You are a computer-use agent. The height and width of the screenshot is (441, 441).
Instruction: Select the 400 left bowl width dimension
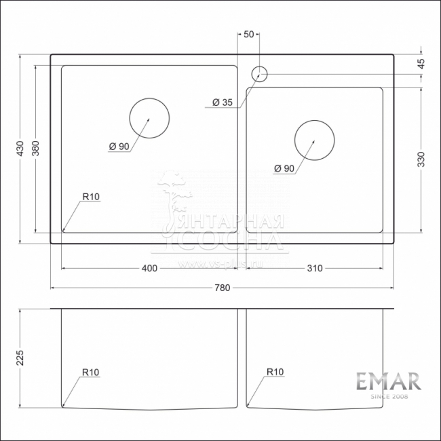(x=149, y=268)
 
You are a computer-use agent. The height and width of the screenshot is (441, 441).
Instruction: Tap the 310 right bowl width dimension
(x=313, y=268)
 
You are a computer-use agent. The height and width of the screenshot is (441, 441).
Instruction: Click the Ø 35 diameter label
(x=222, y=102)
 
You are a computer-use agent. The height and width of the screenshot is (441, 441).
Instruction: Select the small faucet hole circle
(x=259, y=73)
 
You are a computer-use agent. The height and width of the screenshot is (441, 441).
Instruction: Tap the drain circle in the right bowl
(x=314, y=140)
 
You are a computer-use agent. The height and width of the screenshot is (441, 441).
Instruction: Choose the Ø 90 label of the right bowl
(x=284, y=168)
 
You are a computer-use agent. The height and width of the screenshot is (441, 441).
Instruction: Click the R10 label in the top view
(x=90, y=197)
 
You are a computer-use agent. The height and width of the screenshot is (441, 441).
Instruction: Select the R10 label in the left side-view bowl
(x=90, y=372)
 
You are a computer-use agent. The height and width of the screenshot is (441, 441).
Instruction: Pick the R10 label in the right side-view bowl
(x=275, y=372)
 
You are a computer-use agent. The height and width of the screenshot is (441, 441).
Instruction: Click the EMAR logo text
(x=389, y=381)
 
